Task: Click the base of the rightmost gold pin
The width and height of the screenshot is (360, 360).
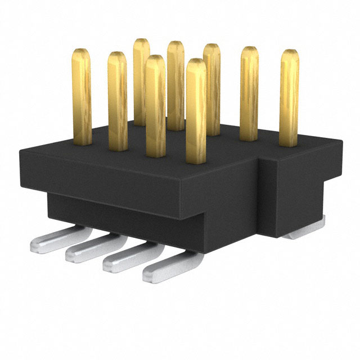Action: (289, 142)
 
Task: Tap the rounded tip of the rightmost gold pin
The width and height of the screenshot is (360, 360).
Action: (290, 54)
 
